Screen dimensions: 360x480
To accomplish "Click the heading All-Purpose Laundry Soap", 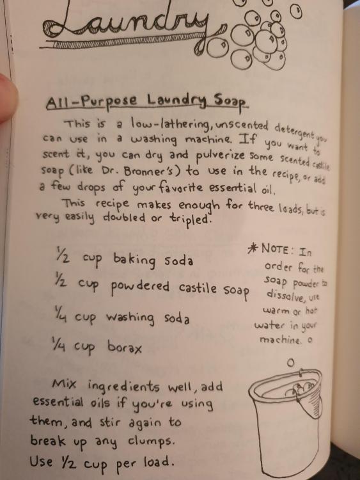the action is pos(147,101).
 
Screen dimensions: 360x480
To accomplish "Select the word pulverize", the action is pos(220,156).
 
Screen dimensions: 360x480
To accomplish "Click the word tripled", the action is pos(191,218).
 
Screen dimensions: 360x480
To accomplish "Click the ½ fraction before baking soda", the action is pos(63,255).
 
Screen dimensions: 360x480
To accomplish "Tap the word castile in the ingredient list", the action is pos(198,287).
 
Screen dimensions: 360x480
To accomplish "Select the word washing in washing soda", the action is pos(130,317).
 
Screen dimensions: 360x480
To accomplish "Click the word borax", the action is pos(125,347).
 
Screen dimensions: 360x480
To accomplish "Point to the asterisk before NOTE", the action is pos(253,249).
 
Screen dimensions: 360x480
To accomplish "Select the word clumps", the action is pos(151,441).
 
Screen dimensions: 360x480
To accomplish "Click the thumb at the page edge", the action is pos(7,98).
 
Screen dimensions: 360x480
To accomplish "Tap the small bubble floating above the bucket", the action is pos(290,363).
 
